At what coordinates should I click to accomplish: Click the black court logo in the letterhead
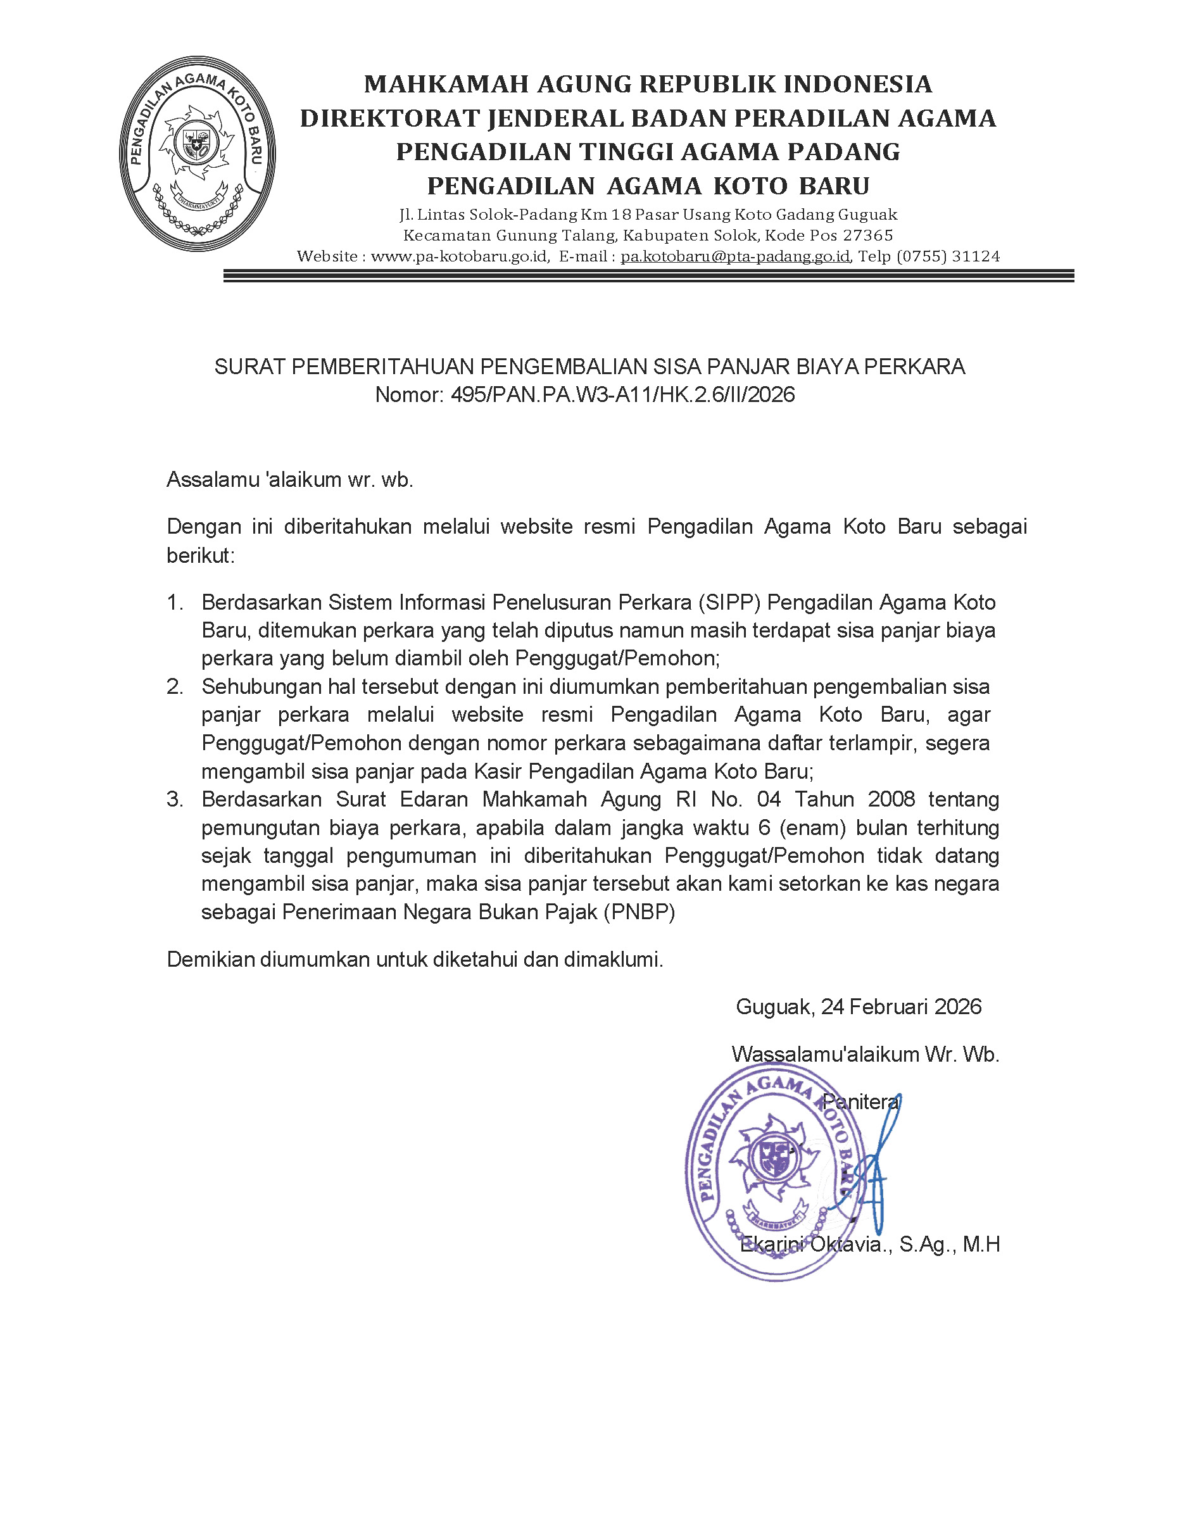click(x=197, y=154)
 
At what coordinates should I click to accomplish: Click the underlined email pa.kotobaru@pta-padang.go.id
click(x=735, y=257)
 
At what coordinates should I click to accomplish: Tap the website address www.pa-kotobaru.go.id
click(x=460, y=257)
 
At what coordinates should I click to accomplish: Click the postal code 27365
click(x=867, y=235)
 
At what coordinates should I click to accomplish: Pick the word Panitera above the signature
click(x=860, y=1102)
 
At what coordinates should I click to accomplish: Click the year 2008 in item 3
click(x=891, y=800)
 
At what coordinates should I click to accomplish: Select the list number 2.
click(x=175, y=687)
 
